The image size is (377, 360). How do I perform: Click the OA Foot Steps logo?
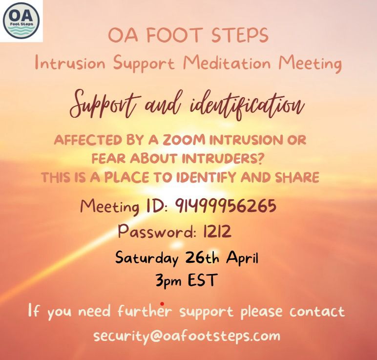(21, 21)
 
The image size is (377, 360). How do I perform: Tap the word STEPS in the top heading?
(240, 35)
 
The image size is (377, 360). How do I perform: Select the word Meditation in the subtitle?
(227, 63)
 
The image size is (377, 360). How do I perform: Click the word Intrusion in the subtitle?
(70, 63)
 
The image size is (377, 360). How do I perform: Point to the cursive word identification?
(247, 106)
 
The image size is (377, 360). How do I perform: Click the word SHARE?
(297, 177)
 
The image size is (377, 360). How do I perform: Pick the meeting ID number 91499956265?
(226, 206)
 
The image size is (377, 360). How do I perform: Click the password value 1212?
(217, 232)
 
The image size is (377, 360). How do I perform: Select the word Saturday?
(147, 258)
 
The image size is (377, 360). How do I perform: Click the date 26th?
(202, 257)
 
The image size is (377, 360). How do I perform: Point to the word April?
(242, 258)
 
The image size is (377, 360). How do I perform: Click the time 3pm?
(168, 280)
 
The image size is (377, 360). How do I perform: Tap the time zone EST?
(202, 280)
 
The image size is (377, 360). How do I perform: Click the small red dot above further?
(162, 304)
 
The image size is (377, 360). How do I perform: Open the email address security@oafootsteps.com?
(187, 336)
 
